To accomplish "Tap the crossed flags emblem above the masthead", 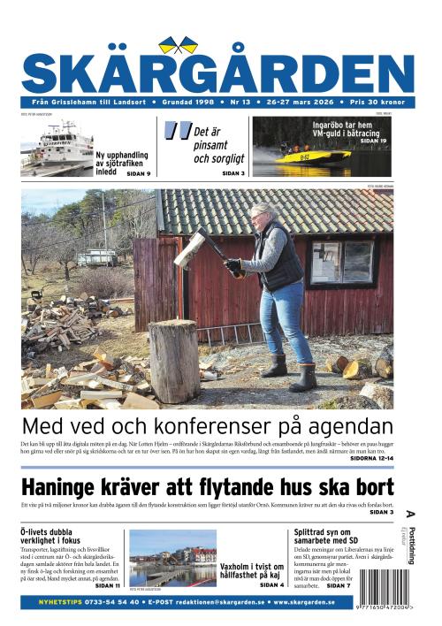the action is click(x=179, y=44).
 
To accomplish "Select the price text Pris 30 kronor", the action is click(x=382, y=103).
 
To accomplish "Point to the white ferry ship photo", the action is click(x=57, y=148).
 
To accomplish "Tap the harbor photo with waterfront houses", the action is click(x=171, y=556).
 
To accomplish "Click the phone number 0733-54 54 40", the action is click(x=104, y=601).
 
